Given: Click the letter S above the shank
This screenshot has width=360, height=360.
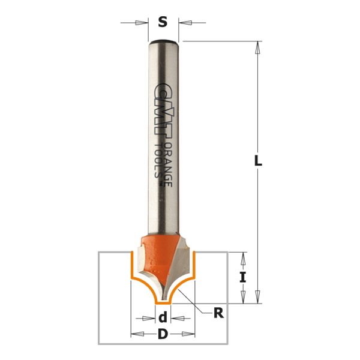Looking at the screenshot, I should point(162,23).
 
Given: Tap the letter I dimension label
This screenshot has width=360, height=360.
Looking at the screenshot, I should point(243,277).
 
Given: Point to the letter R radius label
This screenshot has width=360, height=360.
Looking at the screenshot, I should point(218,313).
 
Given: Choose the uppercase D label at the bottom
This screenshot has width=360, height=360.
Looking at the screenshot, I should point(162,334).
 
